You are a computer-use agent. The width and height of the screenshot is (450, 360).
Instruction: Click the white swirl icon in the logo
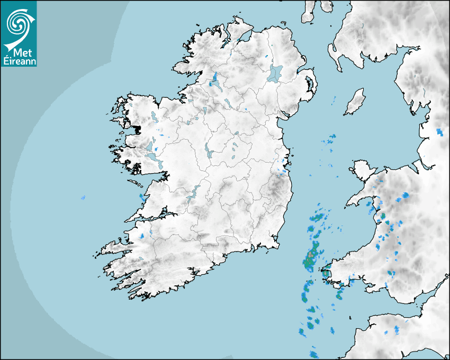(x=18, y=23)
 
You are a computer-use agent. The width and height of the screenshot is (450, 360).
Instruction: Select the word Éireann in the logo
(x=19, y=61)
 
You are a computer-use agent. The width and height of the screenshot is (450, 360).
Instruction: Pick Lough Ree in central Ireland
(x=209, y=151)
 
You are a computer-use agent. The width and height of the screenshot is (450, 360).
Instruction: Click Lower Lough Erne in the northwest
(x=215, y=80)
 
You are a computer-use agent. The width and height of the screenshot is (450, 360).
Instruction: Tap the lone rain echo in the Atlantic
(x=83, y=198)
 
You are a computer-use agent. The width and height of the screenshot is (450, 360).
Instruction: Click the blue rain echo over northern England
(x=439, y=131)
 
